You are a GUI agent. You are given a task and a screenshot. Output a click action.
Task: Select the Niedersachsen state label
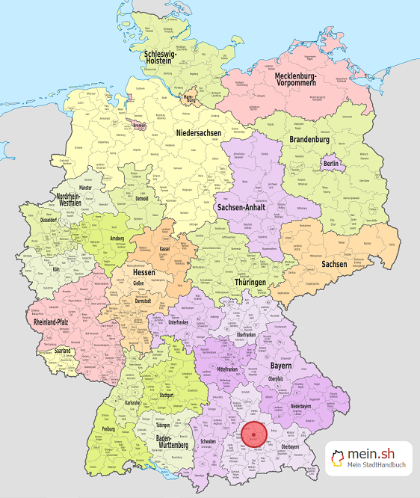click(x=199, y=133)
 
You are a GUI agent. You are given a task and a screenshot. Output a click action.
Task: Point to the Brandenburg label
click(x=309, y=139)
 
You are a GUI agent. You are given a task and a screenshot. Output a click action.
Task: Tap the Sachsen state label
click(x=334, y=264)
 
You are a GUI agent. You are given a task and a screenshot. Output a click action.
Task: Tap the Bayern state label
click(x=281, y=369)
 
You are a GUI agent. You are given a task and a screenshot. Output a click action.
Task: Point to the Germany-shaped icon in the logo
click(x=341, y=459)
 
